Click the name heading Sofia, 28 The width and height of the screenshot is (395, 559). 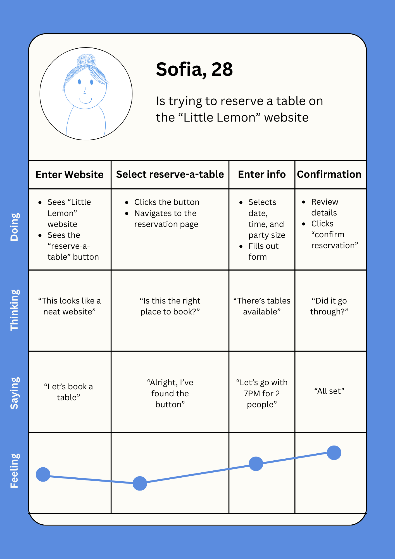point(194,69)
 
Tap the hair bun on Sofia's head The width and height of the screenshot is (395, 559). point(86,60)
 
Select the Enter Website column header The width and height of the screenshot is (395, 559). point(70,175)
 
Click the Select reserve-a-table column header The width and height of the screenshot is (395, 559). point(170,174)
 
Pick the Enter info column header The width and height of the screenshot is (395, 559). point(262,174)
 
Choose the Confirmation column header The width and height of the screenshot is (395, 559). point(329,174)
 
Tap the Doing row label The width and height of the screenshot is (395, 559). point(15,227)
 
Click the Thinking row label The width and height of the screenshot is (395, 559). point(15,310)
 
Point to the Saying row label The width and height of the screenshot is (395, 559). point(15,393)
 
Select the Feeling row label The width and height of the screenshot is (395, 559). point(15,471)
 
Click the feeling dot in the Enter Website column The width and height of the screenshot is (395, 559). point(43,474)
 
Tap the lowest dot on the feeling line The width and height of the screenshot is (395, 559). point(140,484)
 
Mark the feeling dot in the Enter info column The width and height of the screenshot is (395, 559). point(256,464)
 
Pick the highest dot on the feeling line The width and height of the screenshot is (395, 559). point(334,453)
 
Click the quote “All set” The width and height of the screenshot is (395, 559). point(329,391)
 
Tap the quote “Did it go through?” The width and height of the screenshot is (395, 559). point(329,306)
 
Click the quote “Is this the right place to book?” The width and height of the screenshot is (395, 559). point(170,306)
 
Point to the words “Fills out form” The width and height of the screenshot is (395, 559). point(263,252)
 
